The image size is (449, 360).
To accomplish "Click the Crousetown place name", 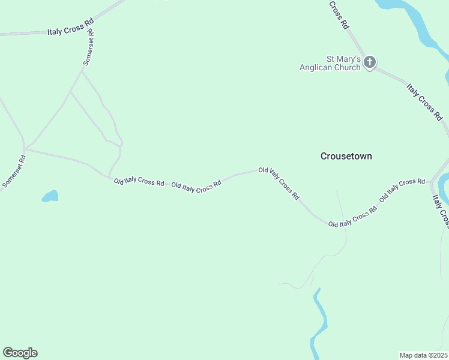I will [x=346, y=156].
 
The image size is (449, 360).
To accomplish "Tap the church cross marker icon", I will [x=370, y=62].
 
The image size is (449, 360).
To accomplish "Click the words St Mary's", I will [x=343, y=59].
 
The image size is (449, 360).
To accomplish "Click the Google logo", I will [x=20, y=353].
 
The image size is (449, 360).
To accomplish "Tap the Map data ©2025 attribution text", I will [x=423, y=355].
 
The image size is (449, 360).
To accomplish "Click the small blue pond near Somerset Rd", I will [x=50, y=196].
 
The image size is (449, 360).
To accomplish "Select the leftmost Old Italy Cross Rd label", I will [x=139, y=181].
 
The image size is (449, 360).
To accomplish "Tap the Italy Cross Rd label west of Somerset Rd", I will [x=70, y=27].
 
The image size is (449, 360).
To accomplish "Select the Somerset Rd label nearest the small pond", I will [x=14, y=172].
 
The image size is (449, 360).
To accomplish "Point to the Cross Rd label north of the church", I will [x=339, y=15].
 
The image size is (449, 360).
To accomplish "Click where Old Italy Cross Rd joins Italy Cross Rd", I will [x=430, y=181].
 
